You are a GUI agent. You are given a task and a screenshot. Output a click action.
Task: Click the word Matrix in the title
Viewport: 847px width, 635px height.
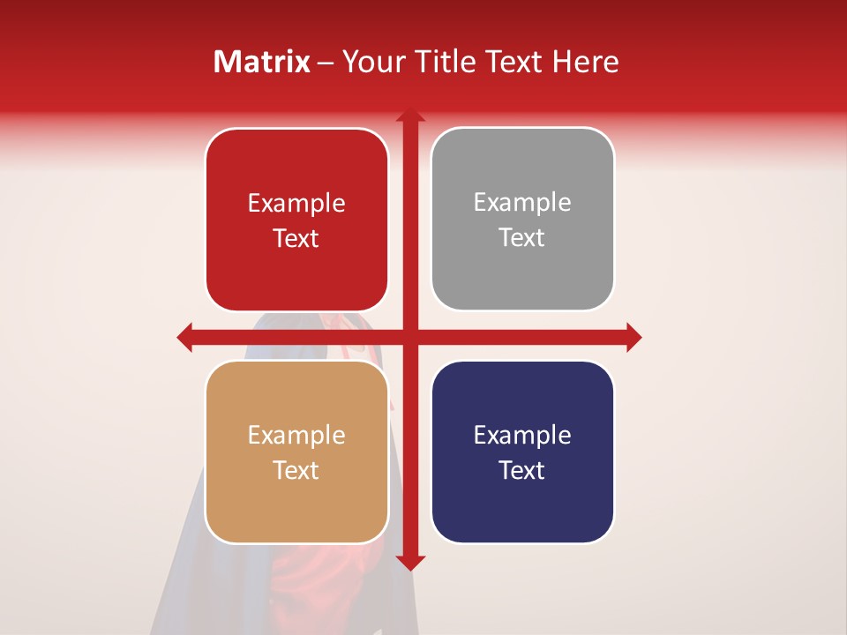pyautogui.click(x=261, y=62)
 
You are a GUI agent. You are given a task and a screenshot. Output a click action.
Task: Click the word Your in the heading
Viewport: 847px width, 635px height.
pyautogui.click(x=372, y=62)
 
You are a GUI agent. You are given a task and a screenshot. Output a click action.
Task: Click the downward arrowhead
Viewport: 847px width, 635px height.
pyautogui.click(x=410, y=562)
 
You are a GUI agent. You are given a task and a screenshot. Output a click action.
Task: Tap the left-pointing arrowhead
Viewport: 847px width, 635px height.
pyautogui.click(x=185, y=337)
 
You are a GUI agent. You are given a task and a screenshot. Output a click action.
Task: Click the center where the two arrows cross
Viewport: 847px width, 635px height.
pyautogui.click(x=410, y=337)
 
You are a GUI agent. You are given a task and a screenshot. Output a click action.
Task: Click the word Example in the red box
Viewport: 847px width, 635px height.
pyautogui.click(x=296, y=204)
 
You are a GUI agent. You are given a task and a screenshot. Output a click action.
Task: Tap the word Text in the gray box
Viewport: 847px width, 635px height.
pyautogui.click(x=521, y=238)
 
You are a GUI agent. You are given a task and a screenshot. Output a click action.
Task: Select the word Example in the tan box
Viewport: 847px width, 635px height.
pyautogui.click(x=296, y=436)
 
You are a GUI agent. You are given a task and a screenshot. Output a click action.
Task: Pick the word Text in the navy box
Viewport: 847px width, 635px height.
pyautogui.click(x=521, y=470)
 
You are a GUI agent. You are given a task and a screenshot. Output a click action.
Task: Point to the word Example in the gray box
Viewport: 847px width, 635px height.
pyautogui.click(x=521, y=203)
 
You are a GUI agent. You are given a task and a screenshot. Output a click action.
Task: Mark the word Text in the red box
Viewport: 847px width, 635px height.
pyautogui.click(x=296, y=239)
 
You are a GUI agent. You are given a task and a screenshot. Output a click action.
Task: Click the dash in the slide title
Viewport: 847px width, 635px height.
pyautogui.click(x=326, y=63)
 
